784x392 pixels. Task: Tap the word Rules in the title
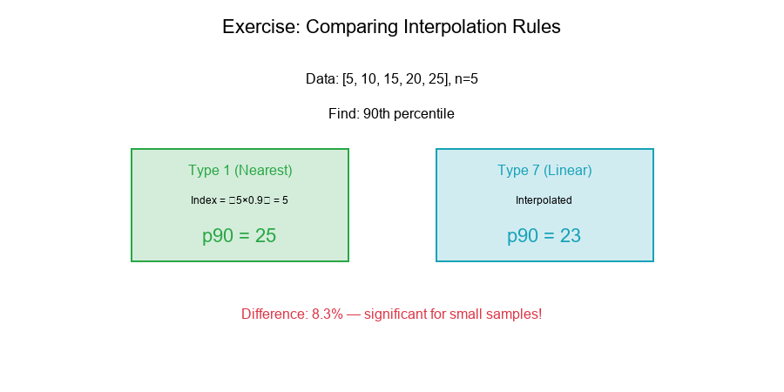536,27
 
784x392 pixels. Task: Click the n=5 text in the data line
466,79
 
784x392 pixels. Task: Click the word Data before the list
321,79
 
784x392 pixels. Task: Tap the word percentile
426,114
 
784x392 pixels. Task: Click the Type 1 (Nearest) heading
240,171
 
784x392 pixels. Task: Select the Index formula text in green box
240,200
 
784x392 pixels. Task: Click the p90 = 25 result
240,236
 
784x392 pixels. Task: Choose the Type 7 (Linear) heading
544,171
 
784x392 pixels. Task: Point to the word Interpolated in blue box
544,200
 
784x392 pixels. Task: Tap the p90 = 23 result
544,236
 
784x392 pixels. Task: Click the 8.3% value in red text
328,314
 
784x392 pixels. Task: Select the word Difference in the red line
274,314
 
